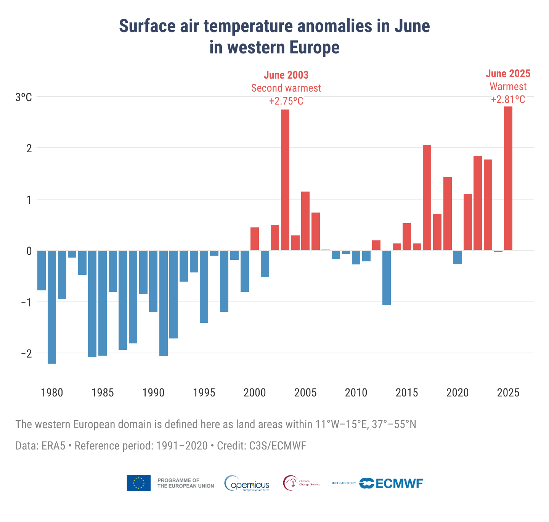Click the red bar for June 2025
tap(508, 178)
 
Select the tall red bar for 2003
tap(285, 180)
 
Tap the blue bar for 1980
tap(52, 307)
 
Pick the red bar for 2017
tap(427, 198)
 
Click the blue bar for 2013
tap(387, 278)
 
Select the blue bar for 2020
tap(457, 257)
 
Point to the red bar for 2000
tap(255, 239)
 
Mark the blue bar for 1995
tap(204, 287)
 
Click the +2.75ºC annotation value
tap(286, 101)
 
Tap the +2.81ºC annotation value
tap(508, 100)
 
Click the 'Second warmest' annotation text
tap(286, 88)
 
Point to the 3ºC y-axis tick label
tap(24, 97)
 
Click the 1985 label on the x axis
tap(103, 393)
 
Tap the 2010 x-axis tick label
tap(356, 393)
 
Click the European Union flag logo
tap(138, 483)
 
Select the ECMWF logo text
tap(399, 483)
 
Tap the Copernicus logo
tap(247, 483)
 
